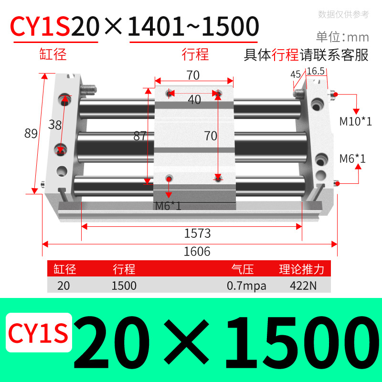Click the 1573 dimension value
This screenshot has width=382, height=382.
click(197, 233)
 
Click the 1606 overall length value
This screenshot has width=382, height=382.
click(197, 251)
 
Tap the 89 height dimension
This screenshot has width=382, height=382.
click(31, 134)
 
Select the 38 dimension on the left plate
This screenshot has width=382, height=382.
click(55, 125)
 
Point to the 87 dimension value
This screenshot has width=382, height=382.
click(140, 136)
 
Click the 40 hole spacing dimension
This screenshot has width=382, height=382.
click(194, 100)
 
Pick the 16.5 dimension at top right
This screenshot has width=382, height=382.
click(316, 71)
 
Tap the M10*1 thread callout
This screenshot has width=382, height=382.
click(355, 121)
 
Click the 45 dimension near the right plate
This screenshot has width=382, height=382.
click(296, 74)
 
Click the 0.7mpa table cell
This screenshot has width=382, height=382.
click(246, 286)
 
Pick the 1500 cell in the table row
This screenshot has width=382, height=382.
click(124, 286)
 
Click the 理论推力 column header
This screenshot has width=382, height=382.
click(302, 269)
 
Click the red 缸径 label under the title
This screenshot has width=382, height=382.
click(53, 54)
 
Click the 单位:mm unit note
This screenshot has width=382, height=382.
click(342, 37)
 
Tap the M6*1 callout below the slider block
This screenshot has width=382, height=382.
click(169, 206)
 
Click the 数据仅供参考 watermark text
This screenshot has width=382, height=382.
click(343, 14)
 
